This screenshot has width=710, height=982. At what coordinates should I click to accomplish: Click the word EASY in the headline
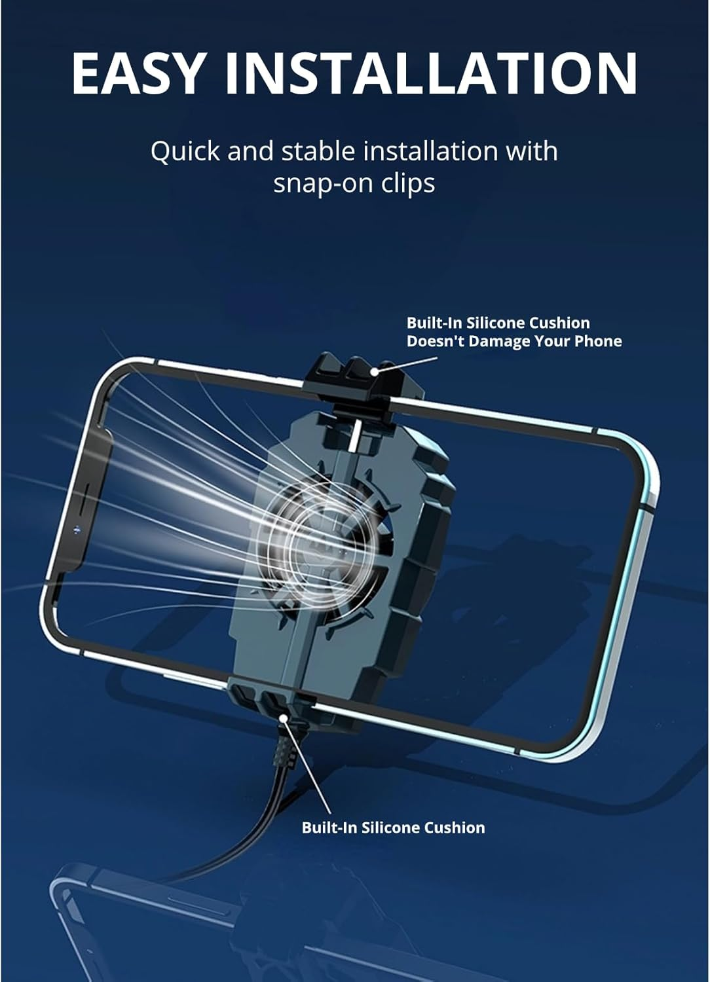(138, 73)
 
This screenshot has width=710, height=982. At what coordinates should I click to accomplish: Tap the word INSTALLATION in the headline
(430, 73)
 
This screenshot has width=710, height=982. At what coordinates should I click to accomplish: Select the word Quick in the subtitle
(185, 152)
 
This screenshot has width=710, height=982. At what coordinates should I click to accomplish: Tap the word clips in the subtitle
(408, 184)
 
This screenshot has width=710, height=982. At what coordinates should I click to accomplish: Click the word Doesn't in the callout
(435, 341)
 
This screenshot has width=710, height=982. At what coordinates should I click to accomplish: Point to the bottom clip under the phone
(272, 697)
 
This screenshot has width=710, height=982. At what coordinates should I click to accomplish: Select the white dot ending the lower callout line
(284, 718)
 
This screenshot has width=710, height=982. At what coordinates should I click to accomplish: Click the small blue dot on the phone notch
(78, 530)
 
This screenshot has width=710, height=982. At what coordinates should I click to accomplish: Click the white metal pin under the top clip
(356, 436)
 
